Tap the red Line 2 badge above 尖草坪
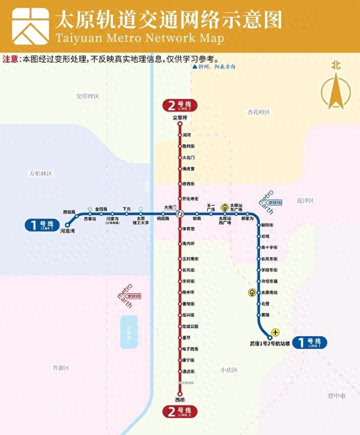click(180, 106)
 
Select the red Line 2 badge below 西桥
click(180, 411)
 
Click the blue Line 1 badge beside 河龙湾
click(42, 225)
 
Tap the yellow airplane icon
click(275, 332)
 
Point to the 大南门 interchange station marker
click(180, 213)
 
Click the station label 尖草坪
click(180, 118)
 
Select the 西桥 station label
click(180, 400)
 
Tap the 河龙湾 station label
click(69, 230)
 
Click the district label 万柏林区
click(41, 173)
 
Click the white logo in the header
click(31, 26)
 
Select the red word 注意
click(11, 59)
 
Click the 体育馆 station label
click(189, 229)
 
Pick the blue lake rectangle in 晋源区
click(129, 332)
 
